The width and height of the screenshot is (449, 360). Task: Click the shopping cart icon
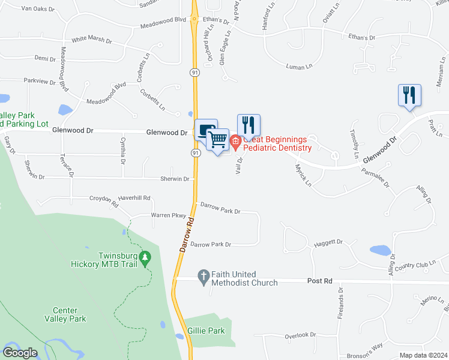(x=218, y=140)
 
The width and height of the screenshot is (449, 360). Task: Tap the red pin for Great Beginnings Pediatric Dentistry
(x=235, y=143)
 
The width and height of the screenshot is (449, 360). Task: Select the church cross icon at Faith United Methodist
(x=203, y=277)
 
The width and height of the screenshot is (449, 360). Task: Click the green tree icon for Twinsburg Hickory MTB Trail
(x=144, y=258)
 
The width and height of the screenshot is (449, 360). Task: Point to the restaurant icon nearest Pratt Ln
(x=409, y=95)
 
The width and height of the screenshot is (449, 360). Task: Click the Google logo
(x=20, y=353)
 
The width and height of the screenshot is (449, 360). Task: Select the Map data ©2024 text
(x=423, y=355)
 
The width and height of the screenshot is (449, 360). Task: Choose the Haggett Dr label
(x=328, y=242)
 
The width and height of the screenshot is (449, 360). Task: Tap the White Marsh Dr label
(x=91, y=40)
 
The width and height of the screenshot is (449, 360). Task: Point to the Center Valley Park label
(x=60, y=314)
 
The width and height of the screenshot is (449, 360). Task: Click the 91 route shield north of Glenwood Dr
(x=195, y=73)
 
